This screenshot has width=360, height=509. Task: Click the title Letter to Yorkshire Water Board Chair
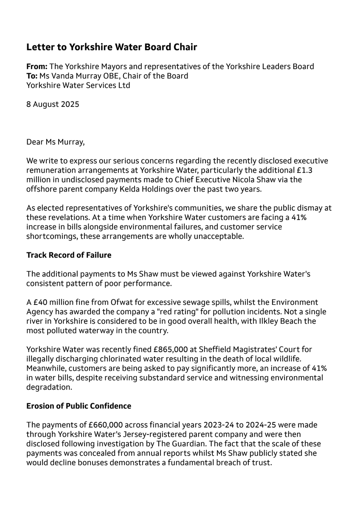pyautogui.click(x=112, y=47)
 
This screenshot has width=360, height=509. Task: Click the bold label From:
pyautogui.click(x=37, y=67)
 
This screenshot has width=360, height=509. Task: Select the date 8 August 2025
pyautogui.click(x=53, y=104)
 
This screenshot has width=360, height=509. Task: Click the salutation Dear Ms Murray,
pyautogui.click(x=55, y=142)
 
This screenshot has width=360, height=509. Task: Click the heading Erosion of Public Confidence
pyautogui.click(x=79, y=406)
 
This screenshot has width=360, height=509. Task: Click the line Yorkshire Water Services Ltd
pyautogui.click(x=78, y=85)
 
